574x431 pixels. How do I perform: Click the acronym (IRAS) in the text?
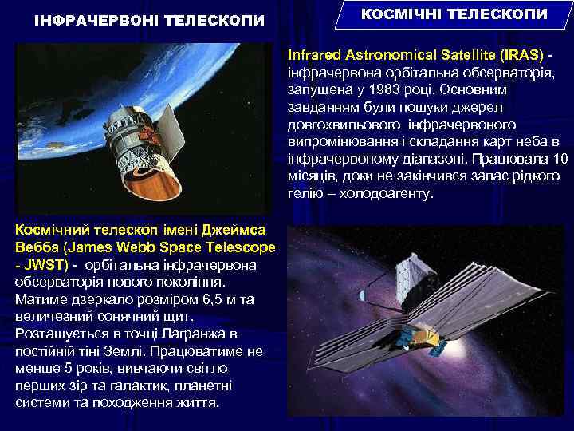pos(522,56)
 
